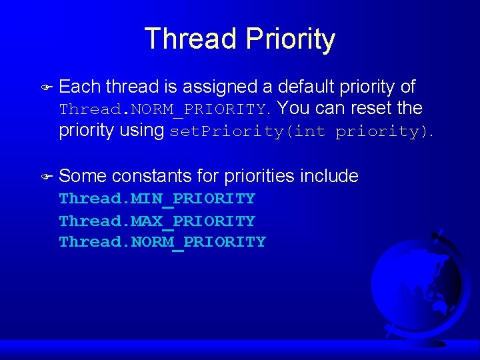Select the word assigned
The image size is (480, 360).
click(221, 87)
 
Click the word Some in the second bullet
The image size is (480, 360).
click(83, 176)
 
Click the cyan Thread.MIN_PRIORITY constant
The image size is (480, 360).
click(157, 199)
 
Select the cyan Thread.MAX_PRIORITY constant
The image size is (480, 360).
click(157, 221)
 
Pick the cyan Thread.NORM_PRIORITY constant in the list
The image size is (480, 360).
click(162, 242)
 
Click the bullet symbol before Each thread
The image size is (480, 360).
click(46, 87)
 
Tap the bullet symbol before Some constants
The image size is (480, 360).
click(46, 177)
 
